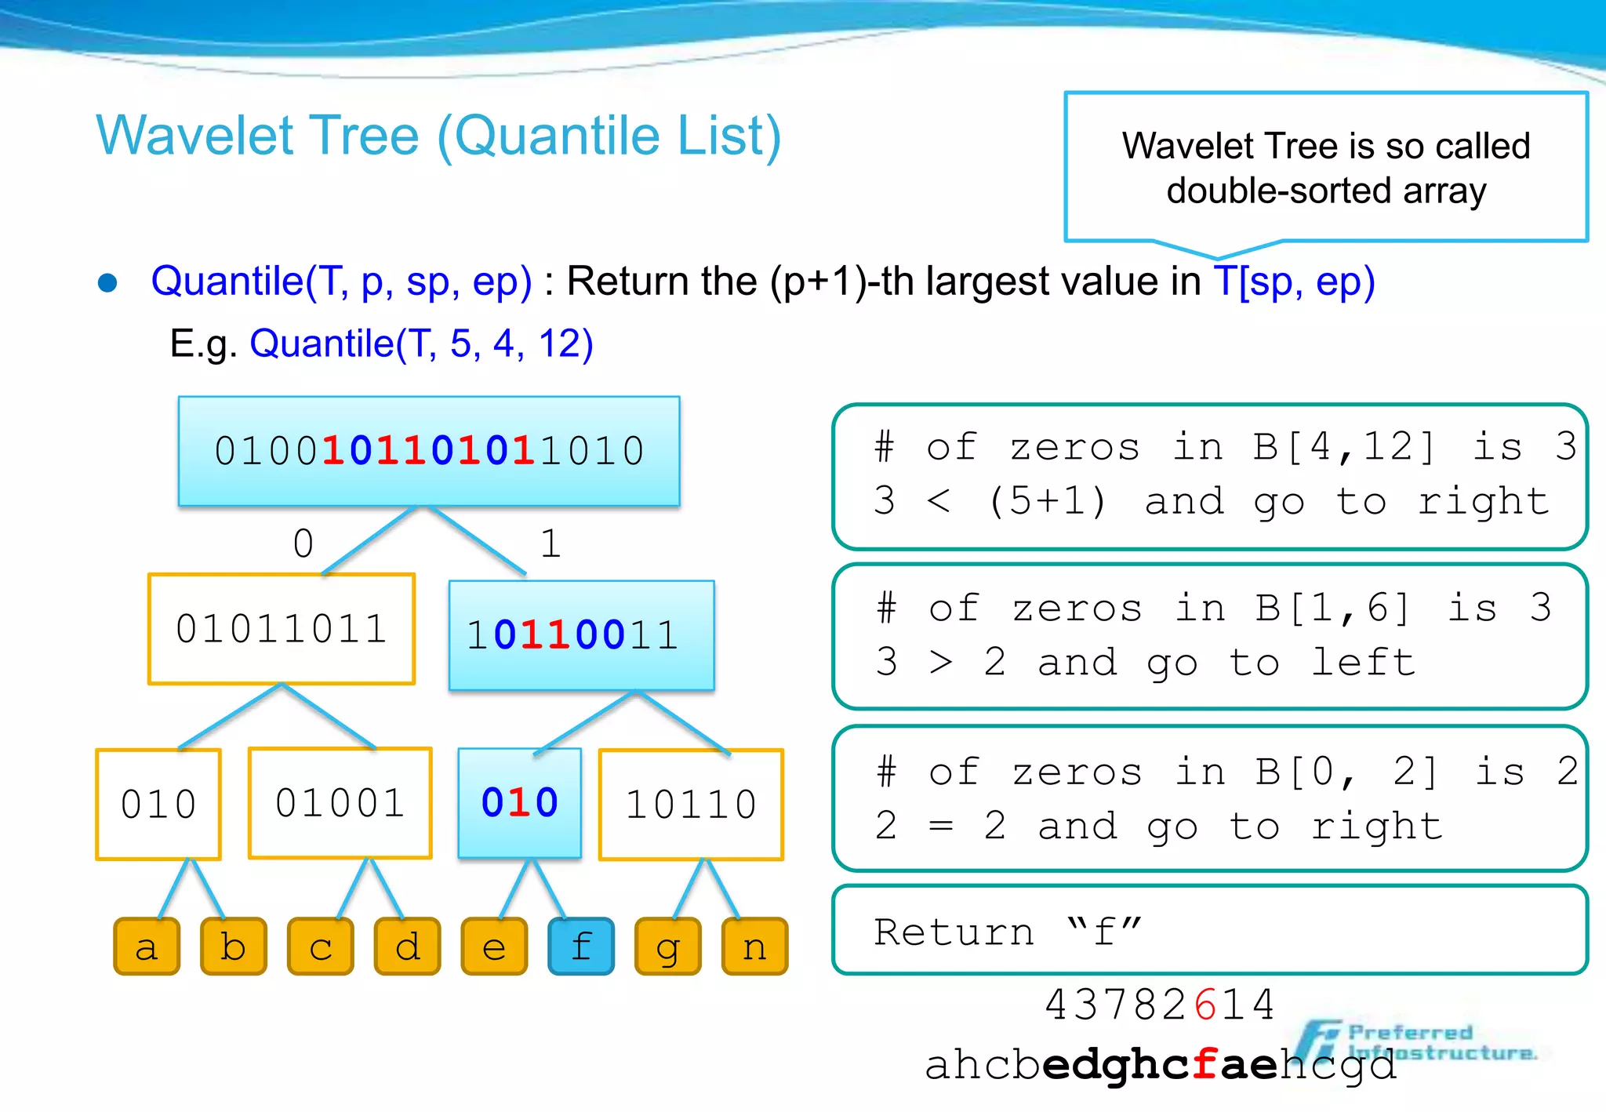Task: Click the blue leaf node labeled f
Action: click(581, 947)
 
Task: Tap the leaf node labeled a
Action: click(147, 947)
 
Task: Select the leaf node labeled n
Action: click(754, 947)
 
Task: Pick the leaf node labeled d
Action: click(408, 947)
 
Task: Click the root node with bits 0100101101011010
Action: click(429, 451)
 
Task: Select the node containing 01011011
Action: click(282, 629)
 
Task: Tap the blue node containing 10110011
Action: click(581, 635)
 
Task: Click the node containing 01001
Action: click(340, 803)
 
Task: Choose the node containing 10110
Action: click(691, 805)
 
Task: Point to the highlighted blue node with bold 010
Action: click(520, 803)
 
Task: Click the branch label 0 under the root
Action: click(303, 543)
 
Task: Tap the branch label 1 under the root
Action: click(550, 543)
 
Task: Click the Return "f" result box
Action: click(1209, 931)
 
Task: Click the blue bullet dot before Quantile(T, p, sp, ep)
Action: click(107, 282)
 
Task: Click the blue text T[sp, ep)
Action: click(1294, 282)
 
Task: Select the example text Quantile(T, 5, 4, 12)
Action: click(421, 343)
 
